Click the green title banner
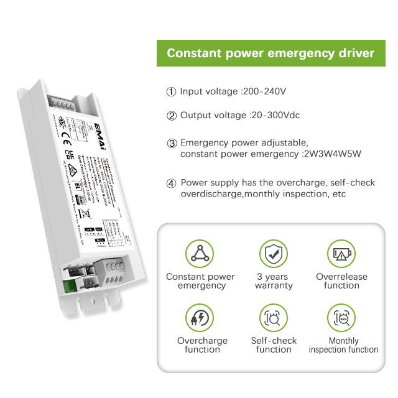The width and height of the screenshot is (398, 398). tap(271, 53)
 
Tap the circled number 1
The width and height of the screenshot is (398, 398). tap(172, 92)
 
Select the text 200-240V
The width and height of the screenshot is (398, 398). tap(264, 91)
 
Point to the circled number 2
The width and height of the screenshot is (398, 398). tap(172, 116)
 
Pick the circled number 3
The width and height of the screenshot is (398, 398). tap(172, 143)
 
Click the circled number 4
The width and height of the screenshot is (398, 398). tap(172, 183)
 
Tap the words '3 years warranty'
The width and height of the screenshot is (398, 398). tap(273, 281)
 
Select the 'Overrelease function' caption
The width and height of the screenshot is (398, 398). tap(341, 281)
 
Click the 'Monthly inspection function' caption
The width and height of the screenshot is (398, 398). tap(343, 345)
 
